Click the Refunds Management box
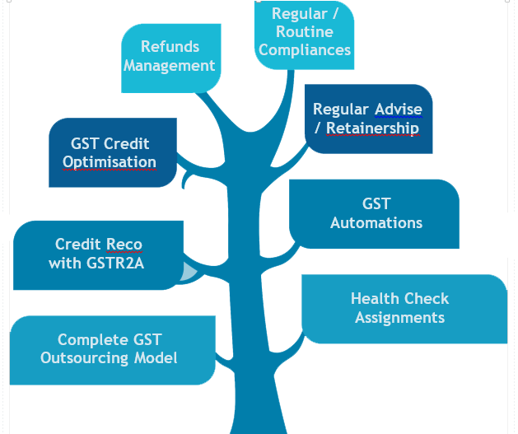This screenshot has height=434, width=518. tap(170, 56)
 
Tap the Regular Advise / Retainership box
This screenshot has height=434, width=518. tap(367, 119)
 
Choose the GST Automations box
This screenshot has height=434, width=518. tap(376, 212)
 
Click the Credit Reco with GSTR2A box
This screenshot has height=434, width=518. tap(98, 254)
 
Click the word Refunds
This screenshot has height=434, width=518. tap(170, 47)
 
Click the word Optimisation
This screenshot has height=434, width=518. tap(110, 161)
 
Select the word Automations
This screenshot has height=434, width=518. tap(376, 222)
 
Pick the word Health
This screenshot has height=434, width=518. tap(376, 298)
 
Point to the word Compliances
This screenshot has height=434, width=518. tap(306, 50)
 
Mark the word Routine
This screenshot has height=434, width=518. tap(306, 32)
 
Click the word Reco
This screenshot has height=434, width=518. tap(122, 245)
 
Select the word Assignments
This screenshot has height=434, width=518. tap(400, 317)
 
